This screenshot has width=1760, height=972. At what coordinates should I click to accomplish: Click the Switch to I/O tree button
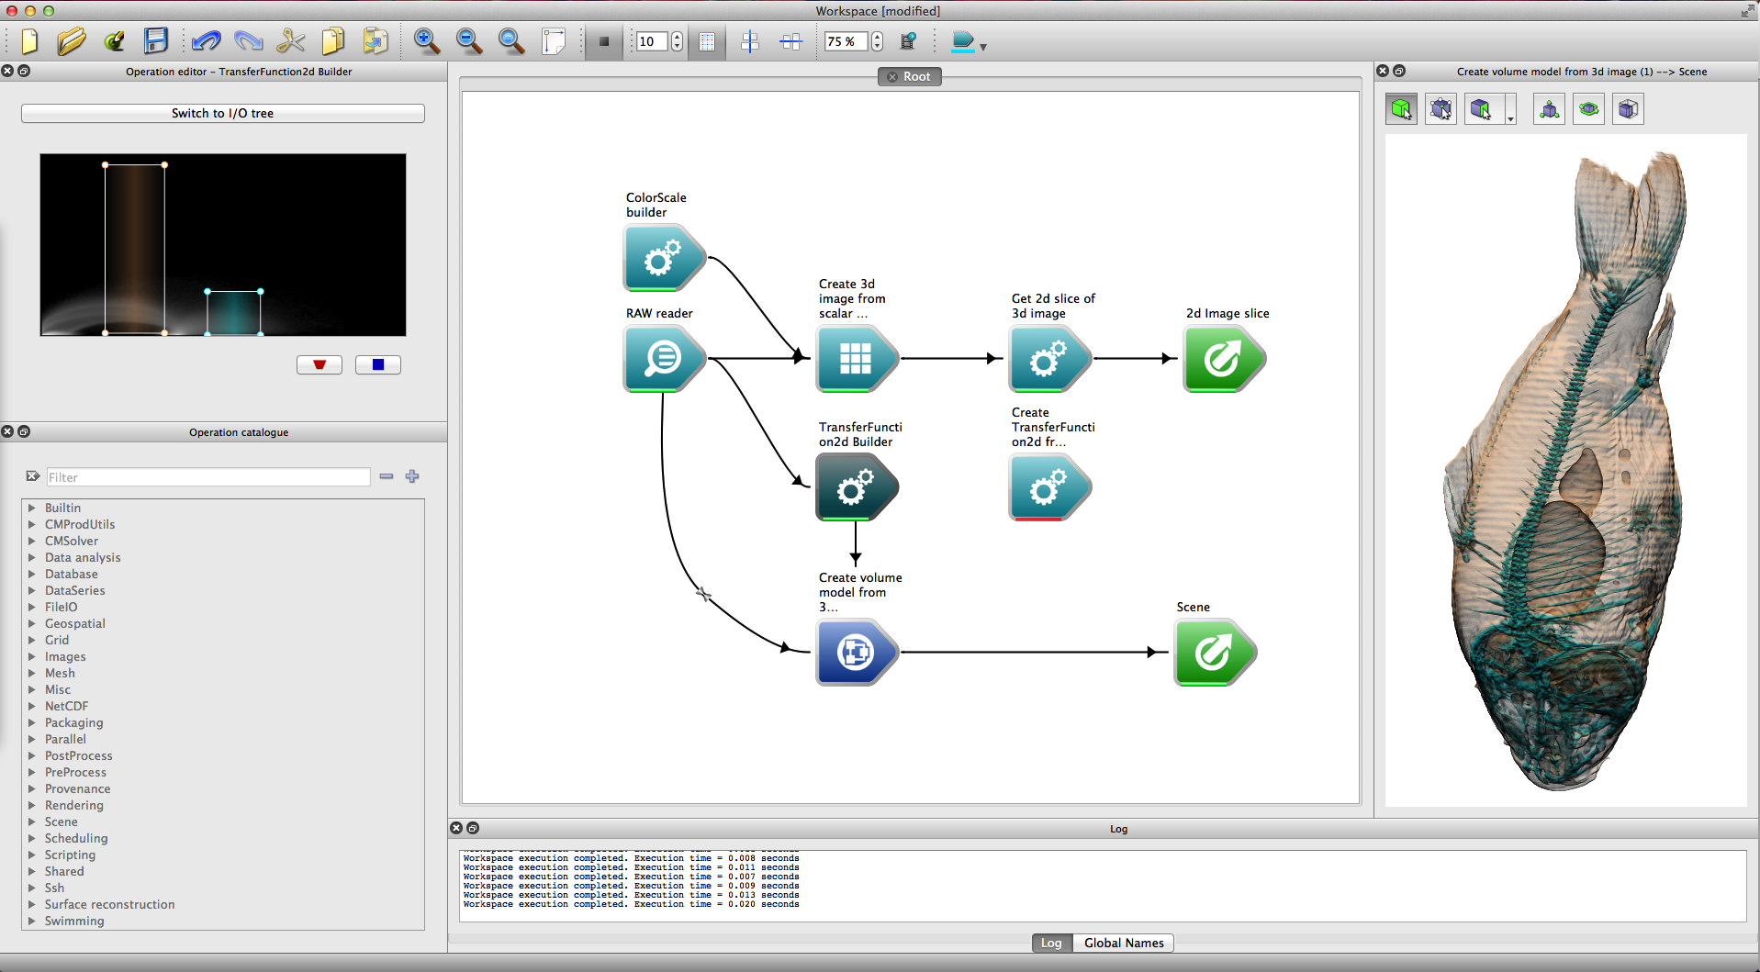click(222, 113)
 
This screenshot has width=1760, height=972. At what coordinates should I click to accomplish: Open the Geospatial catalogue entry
click(75, 623)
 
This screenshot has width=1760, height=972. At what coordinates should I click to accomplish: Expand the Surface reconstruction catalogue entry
click(109, 904)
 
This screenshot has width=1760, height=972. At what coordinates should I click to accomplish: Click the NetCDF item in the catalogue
click(67, 706)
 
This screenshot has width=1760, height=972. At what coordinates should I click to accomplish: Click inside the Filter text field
click(208, 477)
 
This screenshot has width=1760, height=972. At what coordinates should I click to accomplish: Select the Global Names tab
click(1124, 943)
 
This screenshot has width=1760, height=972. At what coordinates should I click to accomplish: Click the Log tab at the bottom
click(1051, 943)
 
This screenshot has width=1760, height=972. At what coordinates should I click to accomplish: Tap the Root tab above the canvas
click(909, 77)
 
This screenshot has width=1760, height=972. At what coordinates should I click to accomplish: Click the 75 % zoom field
click(846, 41)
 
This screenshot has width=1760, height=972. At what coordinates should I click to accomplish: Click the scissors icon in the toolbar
click(290, 41)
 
